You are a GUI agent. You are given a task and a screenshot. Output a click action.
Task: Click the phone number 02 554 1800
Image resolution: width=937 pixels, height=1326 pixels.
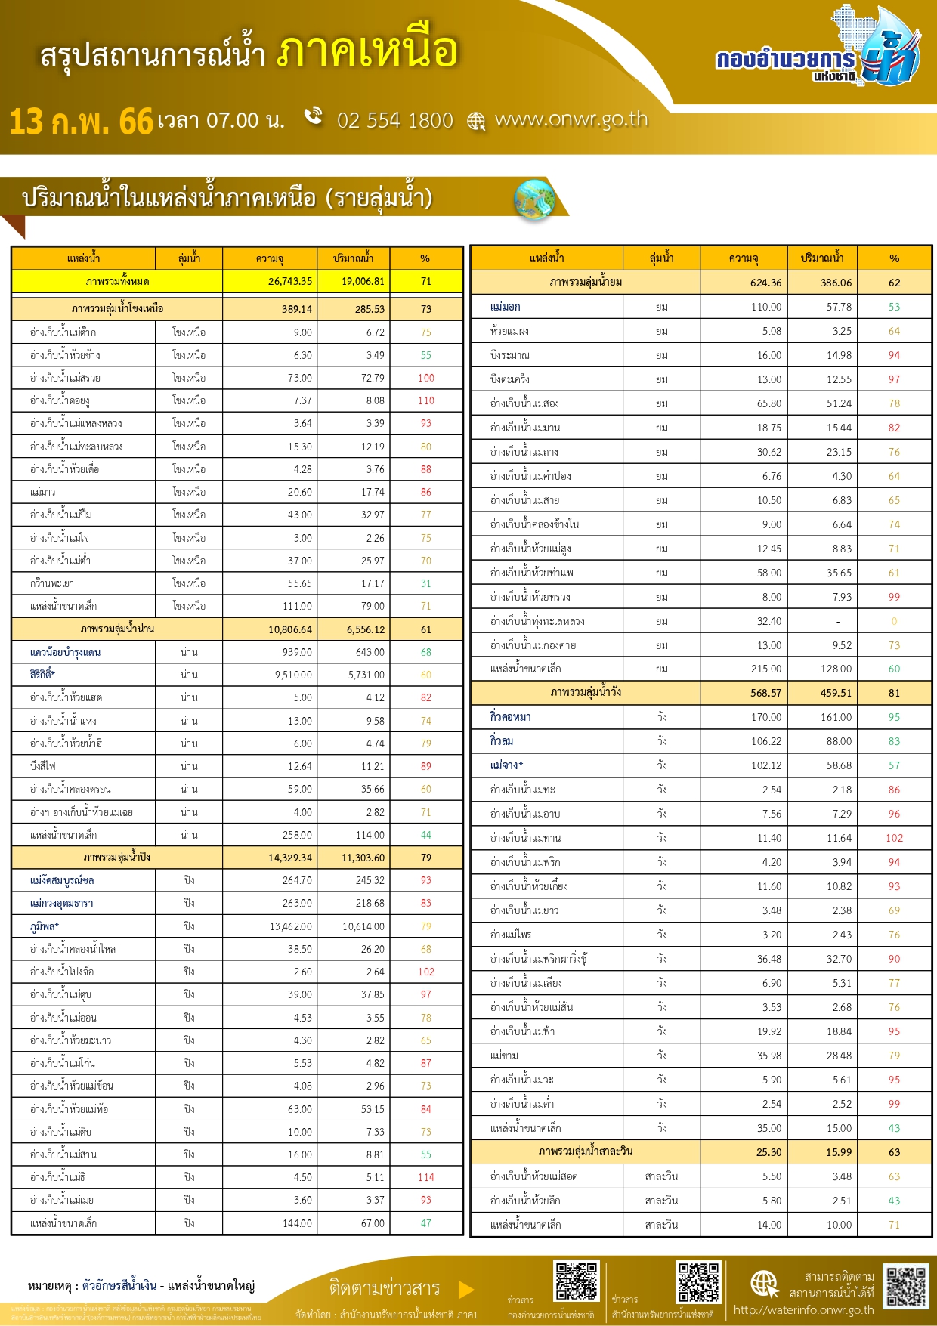click(394, 121)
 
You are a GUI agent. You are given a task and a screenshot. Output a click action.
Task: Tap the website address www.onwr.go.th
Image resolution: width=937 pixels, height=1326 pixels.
click(571, 119)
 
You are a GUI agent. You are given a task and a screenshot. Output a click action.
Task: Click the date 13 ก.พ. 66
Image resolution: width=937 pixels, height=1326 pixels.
click(81, 122)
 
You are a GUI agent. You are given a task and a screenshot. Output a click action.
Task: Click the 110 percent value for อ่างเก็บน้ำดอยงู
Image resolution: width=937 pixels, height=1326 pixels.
click(426, 400)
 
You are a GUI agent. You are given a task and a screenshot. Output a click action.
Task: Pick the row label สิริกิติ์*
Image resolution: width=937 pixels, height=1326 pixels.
click(43, 675)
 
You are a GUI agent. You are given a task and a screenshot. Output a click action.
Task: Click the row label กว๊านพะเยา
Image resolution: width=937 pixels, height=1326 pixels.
click(52, 583)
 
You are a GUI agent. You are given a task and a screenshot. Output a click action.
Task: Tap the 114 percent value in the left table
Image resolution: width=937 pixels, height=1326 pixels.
click(426, 1177)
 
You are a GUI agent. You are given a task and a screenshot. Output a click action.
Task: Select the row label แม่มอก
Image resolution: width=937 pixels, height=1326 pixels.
click(505, 307)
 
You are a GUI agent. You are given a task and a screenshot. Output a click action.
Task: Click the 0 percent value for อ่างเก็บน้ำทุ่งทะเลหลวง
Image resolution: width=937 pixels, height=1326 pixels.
click(894, 621)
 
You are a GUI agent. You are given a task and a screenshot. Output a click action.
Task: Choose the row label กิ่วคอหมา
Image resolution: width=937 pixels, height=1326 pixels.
click(510, 717)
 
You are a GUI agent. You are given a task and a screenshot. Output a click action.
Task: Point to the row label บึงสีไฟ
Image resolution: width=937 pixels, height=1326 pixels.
click(43, 766)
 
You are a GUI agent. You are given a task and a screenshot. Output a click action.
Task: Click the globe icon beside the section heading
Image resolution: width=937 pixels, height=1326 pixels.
click(534, 200)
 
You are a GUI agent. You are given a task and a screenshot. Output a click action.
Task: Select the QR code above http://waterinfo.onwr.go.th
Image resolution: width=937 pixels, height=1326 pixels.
click(905, 1286)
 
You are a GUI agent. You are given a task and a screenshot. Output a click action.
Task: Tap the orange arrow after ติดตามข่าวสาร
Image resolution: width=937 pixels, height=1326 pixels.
click(466, 1289)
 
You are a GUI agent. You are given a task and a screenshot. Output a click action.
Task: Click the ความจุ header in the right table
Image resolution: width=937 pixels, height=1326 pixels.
click(744, 258)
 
